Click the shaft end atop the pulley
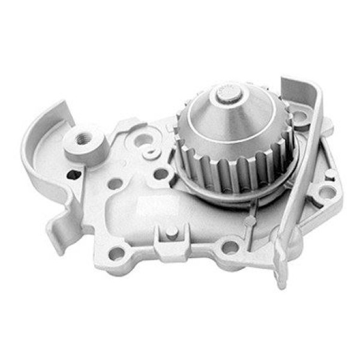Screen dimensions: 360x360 coord(227,92)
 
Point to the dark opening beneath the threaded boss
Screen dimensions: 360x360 coord(74,175)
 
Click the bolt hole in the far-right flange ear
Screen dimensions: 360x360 coord(325,192)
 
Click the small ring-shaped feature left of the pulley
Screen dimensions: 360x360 coord(150,153)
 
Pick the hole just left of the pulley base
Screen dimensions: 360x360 coord(161,174)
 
